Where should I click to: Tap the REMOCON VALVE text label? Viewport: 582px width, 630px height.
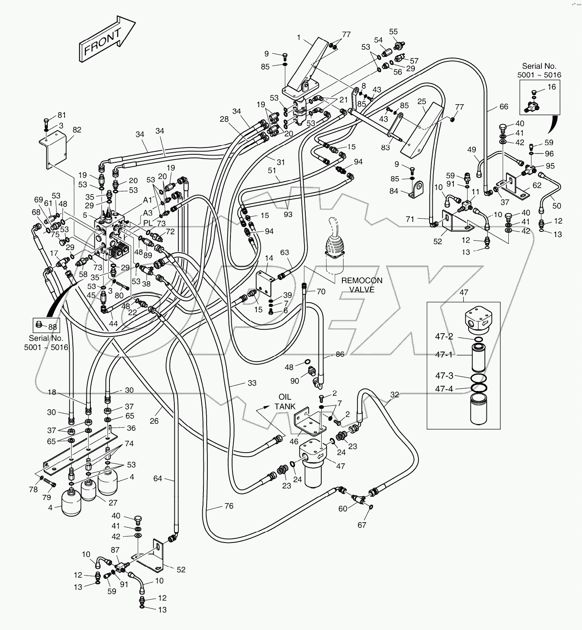361,285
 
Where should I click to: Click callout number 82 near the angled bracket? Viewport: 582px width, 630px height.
76,130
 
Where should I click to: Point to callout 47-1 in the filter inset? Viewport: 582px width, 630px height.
443,355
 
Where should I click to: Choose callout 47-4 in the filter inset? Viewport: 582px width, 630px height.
443,389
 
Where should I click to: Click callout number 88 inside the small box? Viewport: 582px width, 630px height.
52,327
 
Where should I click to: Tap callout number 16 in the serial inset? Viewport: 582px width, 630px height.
551,87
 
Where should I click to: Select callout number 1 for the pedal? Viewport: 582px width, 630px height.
299,37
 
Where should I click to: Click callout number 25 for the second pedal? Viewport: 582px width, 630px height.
422,102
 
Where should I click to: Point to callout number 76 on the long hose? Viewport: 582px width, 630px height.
229,506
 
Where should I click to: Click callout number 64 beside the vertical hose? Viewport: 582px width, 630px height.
158,478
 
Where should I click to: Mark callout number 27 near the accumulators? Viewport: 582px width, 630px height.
113,503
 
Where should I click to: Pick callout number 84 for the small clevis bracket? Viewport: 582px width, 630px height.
394,191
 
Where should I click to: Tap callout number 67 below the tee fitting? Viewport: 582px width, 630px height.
361,525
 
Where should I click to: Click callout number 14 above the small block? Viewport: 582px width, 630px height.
269,259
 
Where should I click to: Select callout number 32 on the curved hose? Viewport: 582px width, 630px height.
394,395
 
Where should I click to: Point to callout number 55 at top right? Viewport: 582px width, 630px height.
393,32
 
